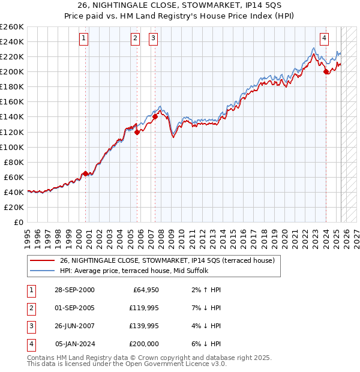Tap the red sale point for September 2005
[137, 132]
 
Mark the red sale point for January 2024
[326, 71]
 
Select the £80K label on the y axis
[14, 162]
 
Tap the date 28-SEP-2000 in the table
[74, 290]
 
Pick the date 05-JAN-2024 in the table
[74, 344]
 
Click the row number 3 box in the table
[30, 326]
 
